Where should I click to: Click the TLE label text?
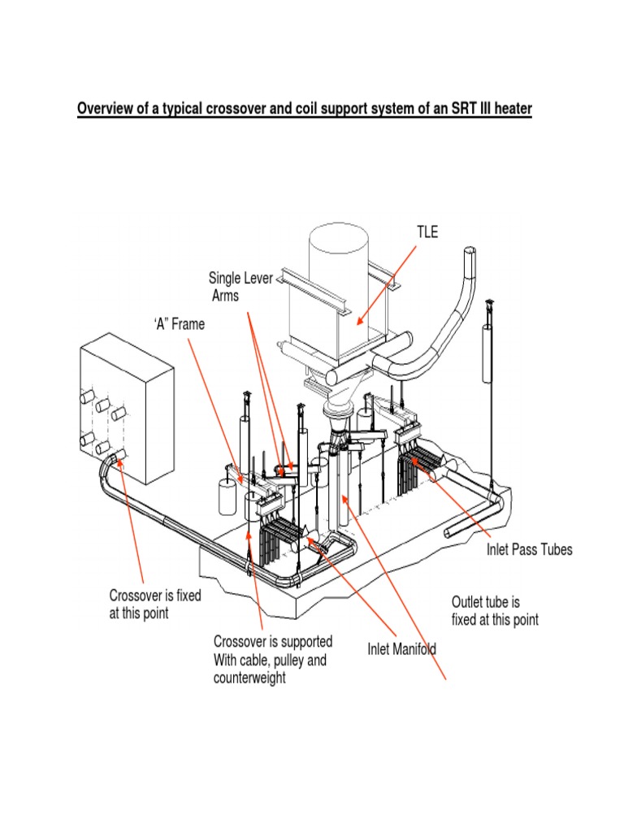coord(427,232)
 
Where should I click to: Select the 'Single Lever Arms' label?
coord(240,288)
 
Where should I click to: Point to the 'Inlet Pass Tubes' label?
coord(529,550)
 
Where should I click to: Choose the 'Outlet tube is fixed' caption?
coord(495,611)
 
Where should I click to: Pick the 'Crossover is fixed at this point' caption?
coord(154,604)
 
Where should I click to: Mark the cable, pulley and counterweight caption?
coord(272,659)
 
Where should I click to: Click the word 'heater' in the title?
coord(510,109)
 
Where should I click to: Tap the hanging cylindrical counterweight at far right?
coord(488,353)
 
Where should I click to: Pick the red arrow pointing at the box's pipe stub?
coord(132,520)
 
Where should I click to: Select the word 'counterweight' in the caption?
coord(249,678)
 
